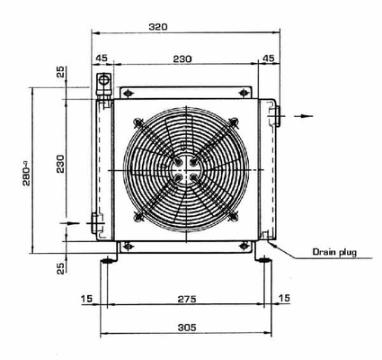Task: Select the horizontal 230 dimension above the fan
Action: [182, 58]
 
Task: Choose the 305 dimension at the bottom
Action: [186, 330]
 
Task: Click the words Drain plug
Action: [333, 252]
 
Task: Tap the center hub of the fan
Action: [183, 168]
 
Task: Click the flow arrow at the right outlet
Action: [306, 115]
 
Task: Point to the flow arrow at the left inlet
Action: [65, 220]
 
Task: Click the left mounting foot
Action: [107, 260]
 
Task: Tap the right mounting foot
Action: [263, 260]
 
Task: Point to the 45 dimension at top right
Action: [268, 58]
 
